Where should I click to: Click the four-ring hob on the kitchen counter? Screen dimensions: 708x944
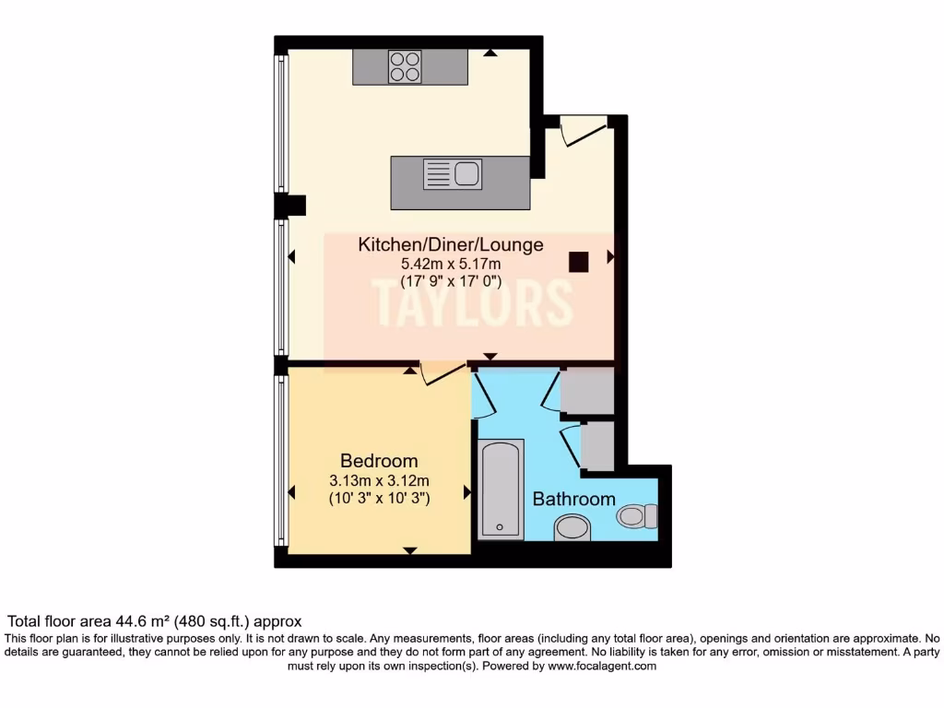point(404,66)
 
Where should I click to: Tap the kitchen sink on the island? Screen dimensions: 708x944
point(453,174)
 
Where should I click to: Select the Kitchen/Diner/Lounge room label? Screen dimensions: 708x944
point(450,245)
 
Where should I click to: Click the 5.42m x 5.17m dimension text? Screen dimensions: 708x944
point(450,264)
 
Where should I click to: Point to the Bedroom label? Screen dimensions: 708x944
point(379,461)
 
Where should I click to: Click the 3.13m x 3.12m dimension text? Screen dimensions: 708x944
point(379,480)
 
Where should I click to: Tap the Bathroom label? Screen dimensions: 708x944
point(573,499)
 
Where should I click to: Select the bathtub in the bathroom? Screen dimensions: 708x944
point(501,489)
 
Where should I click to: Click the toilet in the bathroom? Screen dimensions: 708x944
point(637,515)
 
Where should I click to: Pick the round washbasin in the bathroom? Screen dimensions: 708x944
point(572,527)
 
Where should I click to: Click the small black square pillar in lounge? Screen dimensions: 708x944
point(578,262)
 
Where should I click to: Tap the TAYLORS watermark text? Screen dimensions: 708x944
point(471,301)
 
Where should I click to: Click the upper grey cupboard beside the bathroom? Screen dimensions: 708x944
point(587,390)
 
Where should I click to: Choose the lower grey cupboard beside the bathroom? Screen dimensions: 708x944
point(596,445)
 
